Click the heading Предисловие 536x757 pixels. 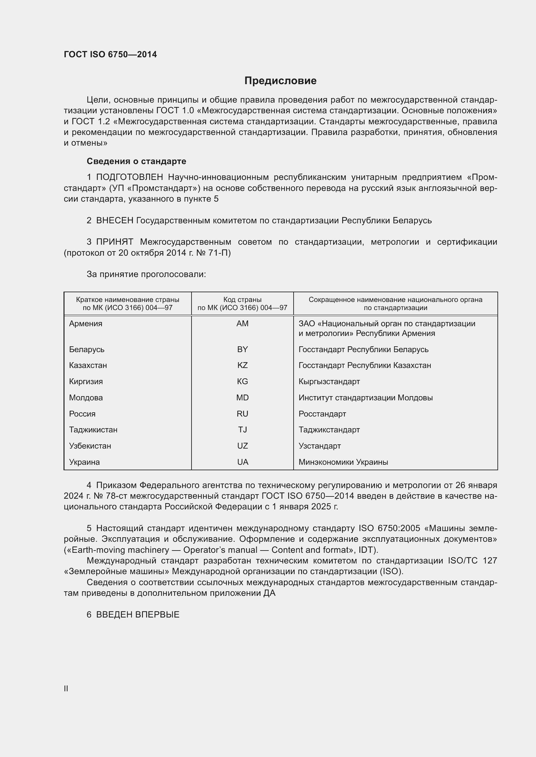pyautogui.click(x=280, y=81)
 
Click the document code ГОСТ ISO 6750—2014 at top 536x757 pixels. pyautogui.click(x=110, y=54)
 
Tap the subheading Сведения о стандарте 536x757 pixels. pyautogui.click(x=136, y=161)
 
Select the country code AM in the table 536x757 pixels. pyautogui.click(x=242, y=323)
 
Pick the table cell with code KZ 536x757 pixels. pyautogui.click(x=242, y=365)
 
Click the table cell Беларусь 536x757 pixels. pyautogui.click(x=87, y=349)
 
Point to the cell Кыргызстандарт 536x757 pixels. pyautogui.click(x=329, y=382)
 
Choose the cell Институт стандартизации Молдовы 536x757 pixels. pyautogui.click(x=365, y=398)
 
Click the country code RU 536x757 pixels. pyautogui.click(x=242, y=414)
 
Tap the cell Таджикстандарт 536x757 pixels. pyautogui.click(x=329, y=429)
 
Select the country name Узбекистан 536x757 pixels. pyautogui.click(x=90, y=446)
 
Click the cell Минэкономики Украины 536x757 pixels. pyautogui.click(x=343, y=462)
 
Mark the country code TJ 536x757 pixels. pyautogui.click(x=242, y=429)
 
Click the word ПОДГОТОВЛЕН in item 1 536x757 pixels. pyautogui.click(x=130, y=177)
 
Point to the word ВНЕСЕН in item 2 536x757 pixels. pyautogui.click(x=114, y=220)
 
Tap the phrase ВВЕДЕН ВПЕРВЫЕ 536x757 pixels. pyautogui.click(x=138, y=615)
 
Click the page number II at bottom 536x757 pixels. pyautogui.click(x=66, y=688)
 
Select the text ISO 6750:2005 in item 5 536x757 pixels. pyautogui.click(x=389, y=528)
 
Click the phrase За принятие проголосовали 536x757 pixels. pyautogui.click(x=146, y=274)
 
